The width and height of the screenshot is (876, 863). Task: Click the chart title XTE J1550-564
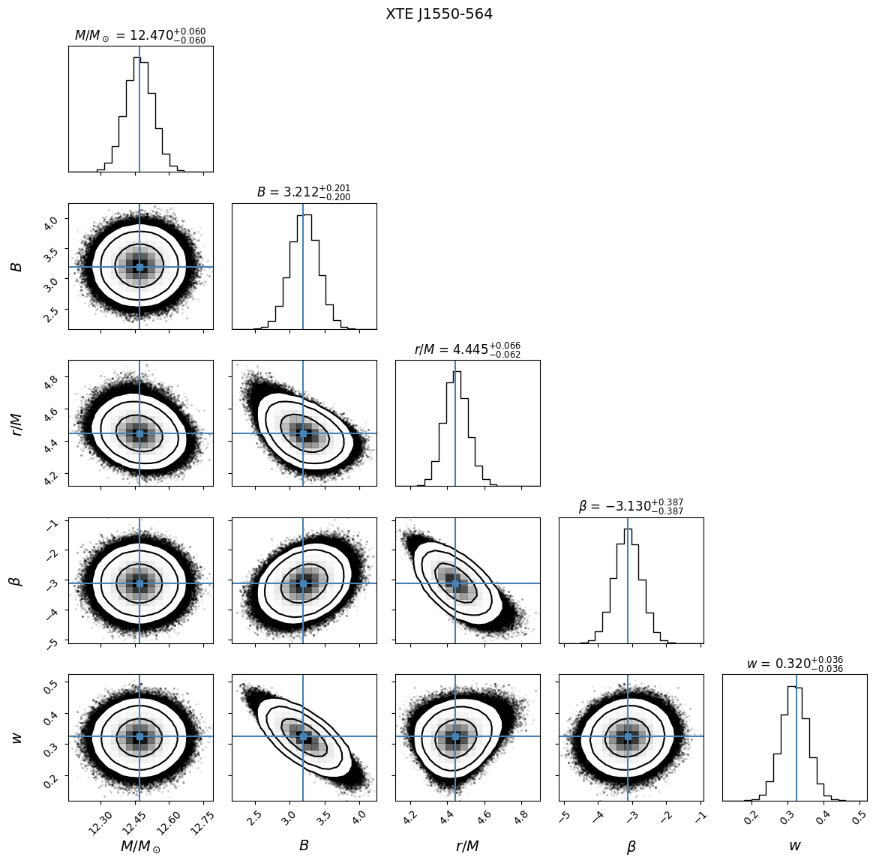click(x=439, y=14)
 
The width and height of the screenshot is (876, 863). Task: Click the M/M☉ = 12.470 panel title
click(x=139, y=36)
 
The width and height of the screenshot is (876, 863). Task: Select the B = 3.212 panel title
click(x=303, y=193)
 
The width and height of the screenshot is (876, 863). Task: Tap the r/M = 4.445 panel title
click(x=466, y=349)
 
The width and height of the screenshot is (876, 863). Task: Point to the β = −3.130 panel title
click(x=630, y=507)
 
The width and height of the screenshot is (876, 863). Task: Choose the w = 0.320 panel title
click(x=794, y=664)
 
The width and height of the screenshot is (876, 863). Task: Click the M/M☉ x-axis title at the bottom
click(x=140, y=847)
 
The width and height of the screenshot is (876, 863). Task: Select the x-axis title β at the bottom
click(x=631, y=847)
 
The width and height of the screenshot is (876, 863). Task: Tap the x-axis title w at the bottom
click(x=794, y=846)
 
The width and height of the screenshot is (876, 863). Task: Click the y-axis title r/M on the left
click(x=16, y=424)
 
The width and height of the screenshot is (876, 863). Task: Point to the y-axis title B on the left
click(x=16, y=267)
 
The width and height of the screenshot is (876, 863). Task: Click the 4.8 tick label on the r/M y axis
click(x=52, y=382)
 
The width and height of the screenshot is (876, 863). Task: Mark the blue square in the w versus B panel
click(x=303, y=737)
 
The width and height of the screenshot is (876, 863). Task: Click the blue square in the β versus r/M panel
click(x=455, y=583)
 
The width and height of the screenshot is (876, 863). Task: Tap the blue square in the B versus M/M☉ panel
click(x=139, y=267)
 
